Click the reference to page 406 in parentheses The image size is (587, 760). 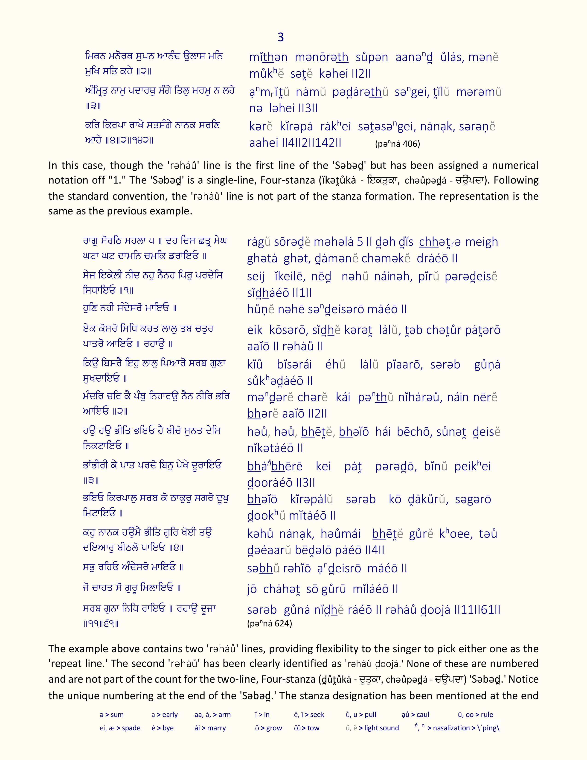coord(398,144)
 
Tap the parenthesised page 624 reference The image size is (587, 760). coord(270,623)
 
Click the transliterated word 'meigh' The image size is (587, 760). coord(481,242)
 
